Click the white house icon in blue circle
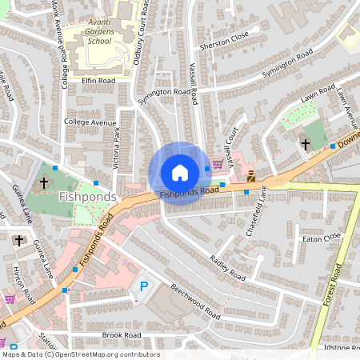(179, 173)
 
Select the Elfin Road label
(98, 81)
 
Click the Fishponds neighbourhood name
(88, 196)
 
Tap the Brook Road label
(122, 335)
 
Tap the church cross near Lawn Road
(305, 144)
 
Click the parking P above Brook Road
(144, 286)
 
